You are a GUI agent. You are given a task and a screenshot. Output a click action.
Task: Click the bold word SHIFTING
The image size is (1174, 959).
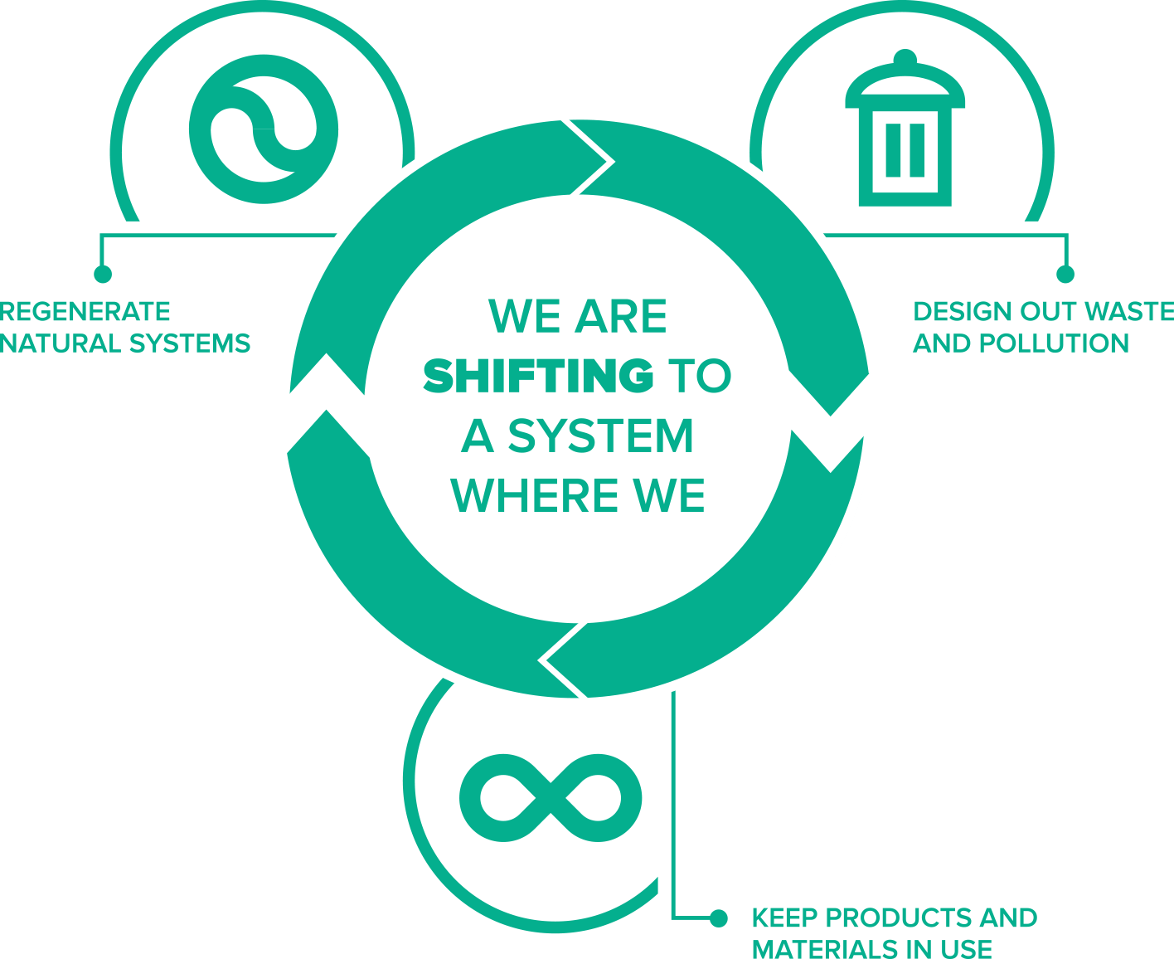pos(538,375)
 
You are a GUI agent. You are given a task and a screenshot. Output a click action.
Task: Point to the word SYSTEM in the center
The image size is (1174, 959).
pos(600,436)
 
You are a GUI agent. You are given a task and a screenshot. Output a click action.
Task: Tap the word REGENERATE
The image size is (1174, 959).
pos(85,311)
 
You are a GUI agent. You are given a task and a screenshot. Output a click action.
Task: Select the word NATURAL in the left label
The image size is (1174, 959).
pos(61,343)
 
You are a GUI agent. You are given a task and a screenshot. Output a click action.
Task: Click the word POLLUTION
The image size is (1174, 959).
pos(1054,343)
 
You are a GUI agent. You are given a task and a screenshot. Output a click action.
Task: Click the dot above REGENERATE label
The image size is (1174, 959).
pos(103,274)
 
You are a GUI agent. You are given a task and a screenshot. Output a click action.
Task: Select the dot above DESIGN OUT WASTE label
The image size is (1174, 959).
pos(1065,274)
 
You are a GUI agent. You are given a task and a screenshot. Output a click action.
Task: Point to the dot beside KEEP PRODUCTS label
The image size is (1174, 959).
pos(719,918)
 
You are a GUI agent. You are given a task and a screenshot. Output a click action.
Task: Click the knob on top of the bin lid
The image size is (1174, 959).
pos(905,58)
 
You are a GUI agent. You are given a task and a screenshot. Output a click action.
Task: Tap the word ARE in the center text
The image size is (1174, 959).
pos(621,316)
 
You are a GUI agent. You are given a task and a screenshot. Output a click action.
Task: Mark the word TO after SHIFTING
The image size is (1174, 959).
pos(700,375)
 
